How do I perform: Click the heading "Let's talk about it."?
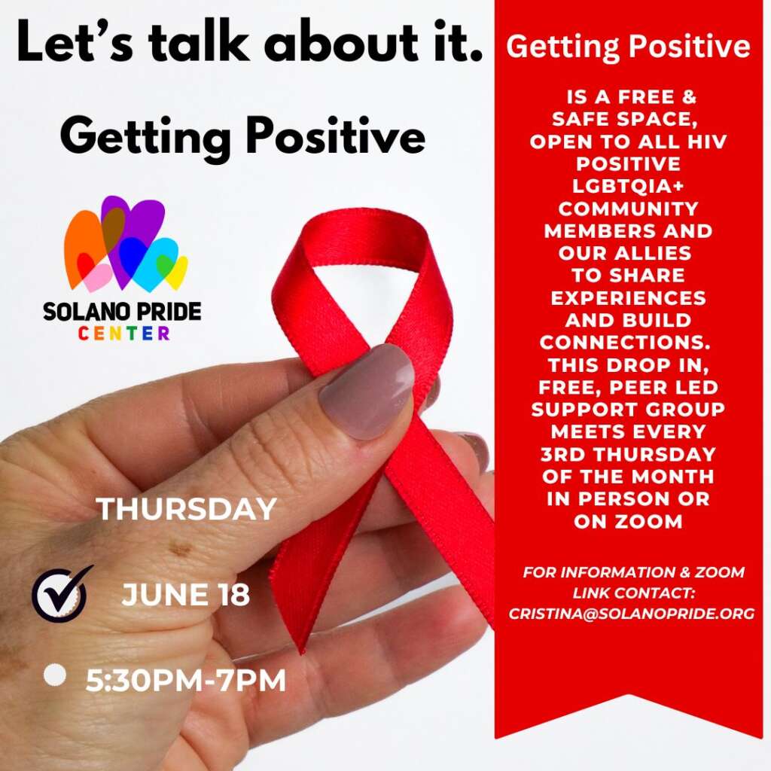tap(250, 43)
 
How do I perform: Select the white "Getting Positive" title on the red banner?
tap(628, 47)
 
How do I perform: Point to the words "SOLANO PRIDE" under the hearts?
tap(122, 312)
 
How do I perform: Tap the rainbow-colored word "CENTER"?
tap(124, 334)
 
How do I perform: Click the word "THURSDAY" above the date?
tap(187, 509)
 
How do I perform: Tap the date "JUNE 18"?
tap(185, 595)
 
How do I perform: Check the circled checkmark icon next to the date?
tap(60, 593)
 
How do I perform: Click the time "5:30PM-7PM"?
tap(186, 681)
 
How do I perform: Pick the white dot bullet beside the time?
tap(54, 675)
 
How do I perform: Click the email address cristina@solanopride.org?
tap(632, 614)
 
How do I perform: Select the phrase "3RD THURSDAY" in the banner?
tap(628, 454)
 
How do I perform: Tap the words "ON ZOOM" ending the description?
tap(628, 521)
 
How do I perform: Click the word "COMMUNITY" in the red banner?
tap(628, 209)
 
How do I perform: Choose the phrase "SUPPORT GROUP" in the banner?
tap(628, 410)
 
